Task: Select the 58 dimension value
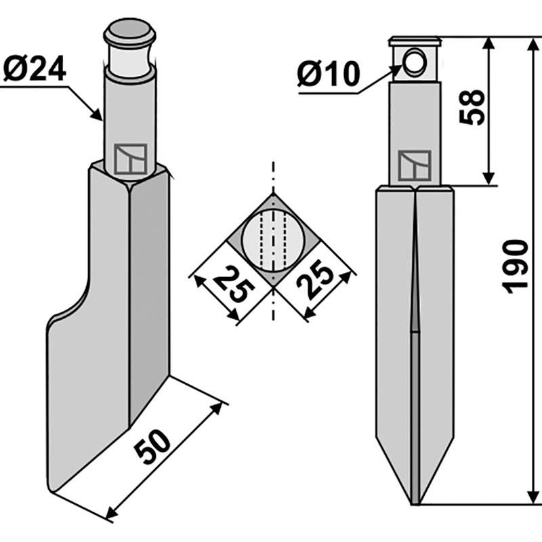[474, 106]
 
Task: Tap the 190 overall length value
[516, 265]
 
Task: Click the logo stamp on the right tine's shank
[415, 165]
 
